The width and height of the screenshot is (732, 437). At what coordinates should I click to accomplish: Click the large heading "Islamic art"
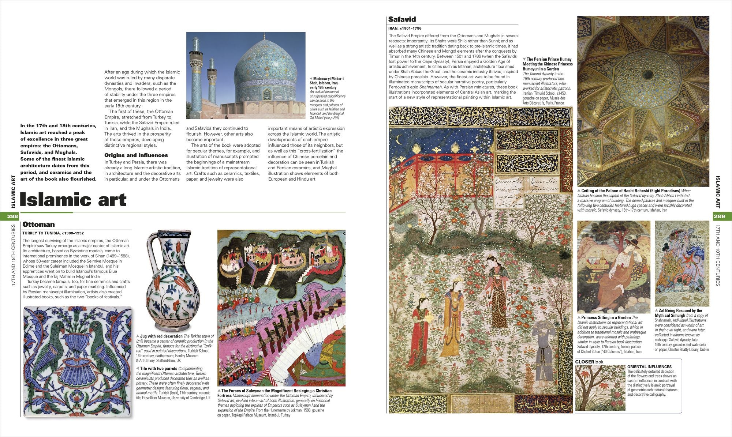click(73, 200)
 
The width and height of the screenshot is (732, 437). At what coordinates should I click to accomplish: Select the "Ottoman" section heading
click(38, 225)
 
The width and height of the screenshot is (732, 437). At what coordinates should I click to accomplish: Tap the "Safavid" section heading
click(402, 19)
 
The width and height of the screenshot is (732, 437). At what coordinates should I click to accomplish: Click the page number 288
click(12, 216)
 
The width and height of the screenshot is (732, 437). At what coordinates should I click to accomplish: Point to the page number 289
click(719, 216)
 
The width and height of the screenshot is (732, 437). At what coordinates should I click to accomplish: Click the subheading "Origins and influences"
click(136, 155)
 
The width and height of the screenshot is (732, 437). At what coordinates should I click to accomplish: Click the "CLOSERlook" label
click(589, 362)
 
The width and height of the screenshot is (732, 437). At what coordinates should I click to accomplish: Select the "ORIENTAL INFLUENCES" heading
click(649, 367)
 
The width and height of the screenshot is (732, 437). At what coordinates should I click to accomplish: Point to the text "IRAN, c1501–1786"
click(405, 28)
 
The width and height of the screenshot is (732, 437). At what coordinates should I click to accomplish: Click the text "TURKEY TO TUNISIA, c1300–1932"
click(53, 233)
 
